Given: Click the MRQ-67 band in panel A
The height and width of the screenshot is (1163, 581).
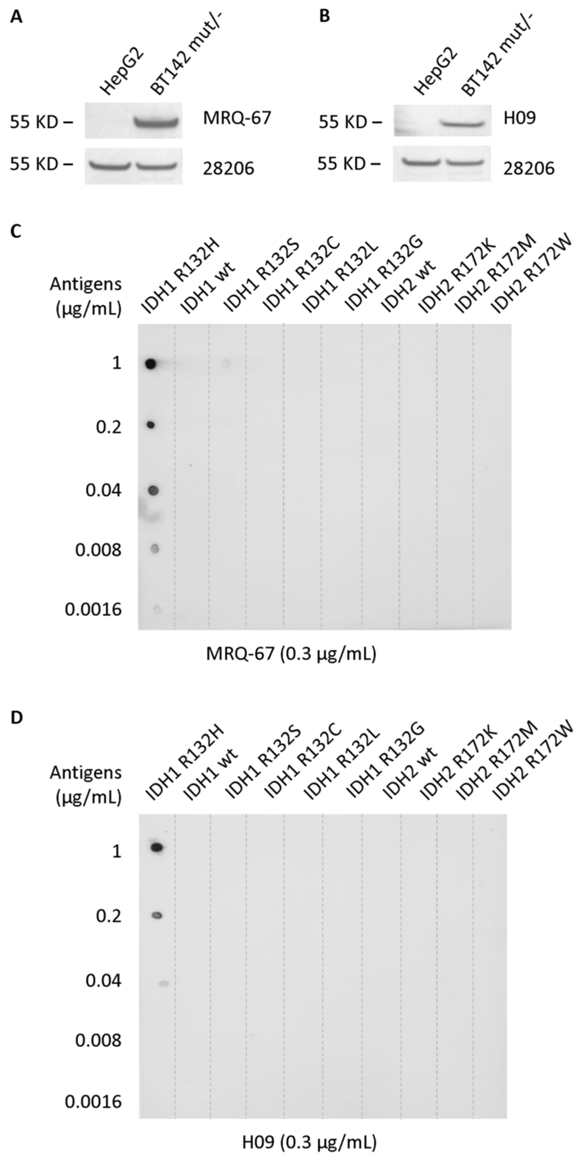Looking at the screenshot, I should [156, 122].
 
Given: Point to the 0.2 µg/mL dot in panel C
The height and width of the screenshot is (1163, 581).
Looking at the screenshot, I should [151, 425].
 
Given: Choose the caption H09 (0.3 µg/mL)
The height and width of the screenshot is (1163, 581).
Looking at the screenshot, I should [309, 1142].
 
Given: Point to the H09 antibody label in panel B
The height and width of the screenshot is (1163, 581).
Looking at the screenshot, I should [521, 118].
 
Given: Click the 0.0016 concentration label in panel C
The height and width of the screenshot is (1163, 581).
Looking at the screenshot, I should [93, 609].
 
